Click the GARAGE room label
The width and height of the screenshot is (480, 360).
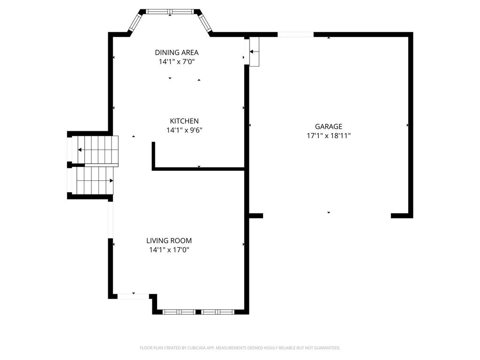(329, 126)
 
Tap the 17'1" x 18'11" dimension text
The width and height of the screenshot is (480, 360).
(329, 135)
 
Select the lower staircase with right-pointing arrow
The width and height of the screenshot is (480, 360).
(95, 180)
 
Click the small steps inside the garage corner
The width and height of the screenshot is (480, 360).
(254, 52)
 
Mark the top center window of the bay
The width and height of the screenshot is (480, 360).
(170, 11)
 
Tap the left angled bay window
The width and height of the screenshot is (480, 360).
(135, 22)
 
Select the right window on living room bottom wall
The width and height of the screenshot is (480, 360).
(218, 311)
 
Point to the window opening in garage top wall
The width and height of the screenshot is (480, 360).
(296, 34)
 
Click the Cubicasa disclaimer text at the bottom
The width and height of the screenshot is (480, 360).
(240, 348)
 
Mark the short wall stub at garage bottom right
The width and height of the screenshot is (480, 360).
(402, 216)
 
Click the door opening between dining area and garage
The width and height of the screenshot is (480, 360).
(246, 50)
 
